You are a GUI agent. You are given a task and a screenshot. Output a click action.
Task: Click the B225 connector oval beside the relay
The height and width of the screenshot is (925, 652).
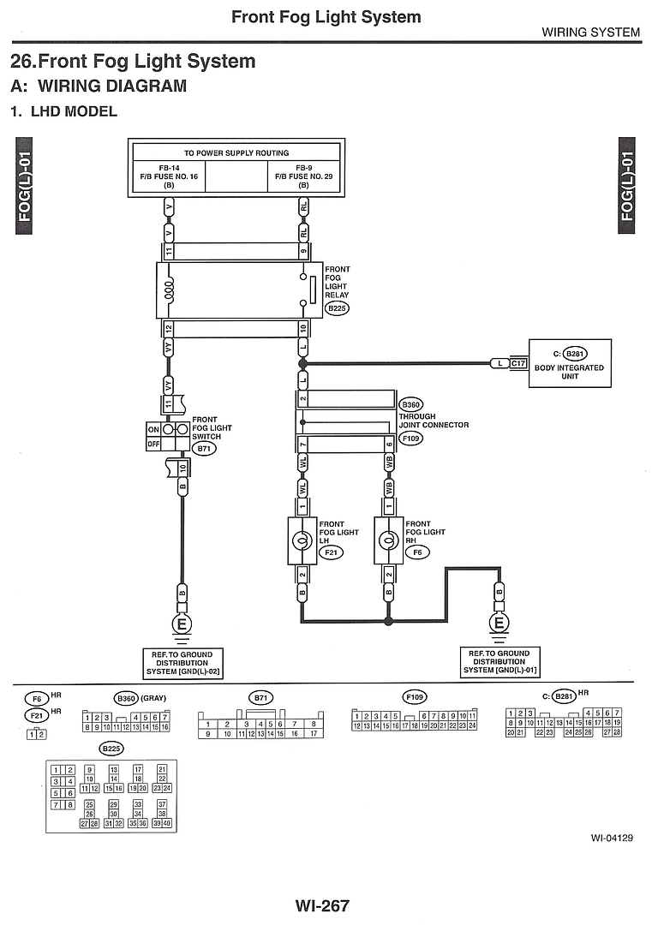click(337, 309)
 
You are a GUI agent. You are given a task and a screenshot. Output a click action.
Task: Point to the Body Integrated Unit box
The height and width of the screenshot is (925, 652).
click(571, 363)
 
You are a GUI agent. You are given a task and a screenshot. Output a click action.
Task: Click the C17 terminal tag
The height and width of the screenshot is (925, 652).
click(518, 363)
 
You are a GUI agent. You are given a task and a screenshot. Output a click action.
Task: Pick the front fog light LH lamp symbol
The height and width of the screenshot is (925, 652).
click(302, 540)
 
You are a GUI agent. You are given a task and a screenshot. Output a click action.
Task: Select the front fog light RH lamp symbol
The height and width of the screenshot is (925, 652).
click(388, 540)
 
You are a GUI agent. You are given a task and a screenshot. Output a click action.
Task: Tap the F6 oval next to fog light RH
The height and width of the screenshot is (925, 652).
click(417, 553)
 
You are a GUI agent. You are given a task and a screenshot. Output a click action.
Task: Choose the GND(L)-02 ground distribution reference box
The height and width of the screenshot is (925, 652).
click(182, 662)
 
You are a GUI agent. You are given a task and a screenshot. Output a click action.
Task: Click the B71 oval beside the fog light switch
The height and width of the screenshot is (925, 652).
click(204, 448)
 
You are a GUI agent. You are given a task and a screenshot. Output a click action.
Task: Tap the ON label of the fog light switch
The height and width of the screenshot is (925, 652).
click(154, 429)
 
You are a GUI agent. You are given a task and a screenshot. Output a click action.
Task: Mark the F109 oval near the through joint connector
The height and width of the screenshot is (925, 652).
click(411, 438)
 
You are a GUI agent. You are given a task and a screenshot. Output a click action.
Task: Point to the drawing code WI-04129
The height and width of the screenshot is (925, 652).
click(611, 838)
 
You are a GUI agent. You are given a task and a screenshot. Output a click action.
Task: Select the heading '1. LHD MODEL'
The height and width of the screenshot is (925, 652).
click(63, 111)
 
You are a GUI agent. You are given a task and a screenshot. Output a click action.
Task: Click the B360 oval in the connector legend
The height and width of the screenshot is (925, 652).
click(126, 698)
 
